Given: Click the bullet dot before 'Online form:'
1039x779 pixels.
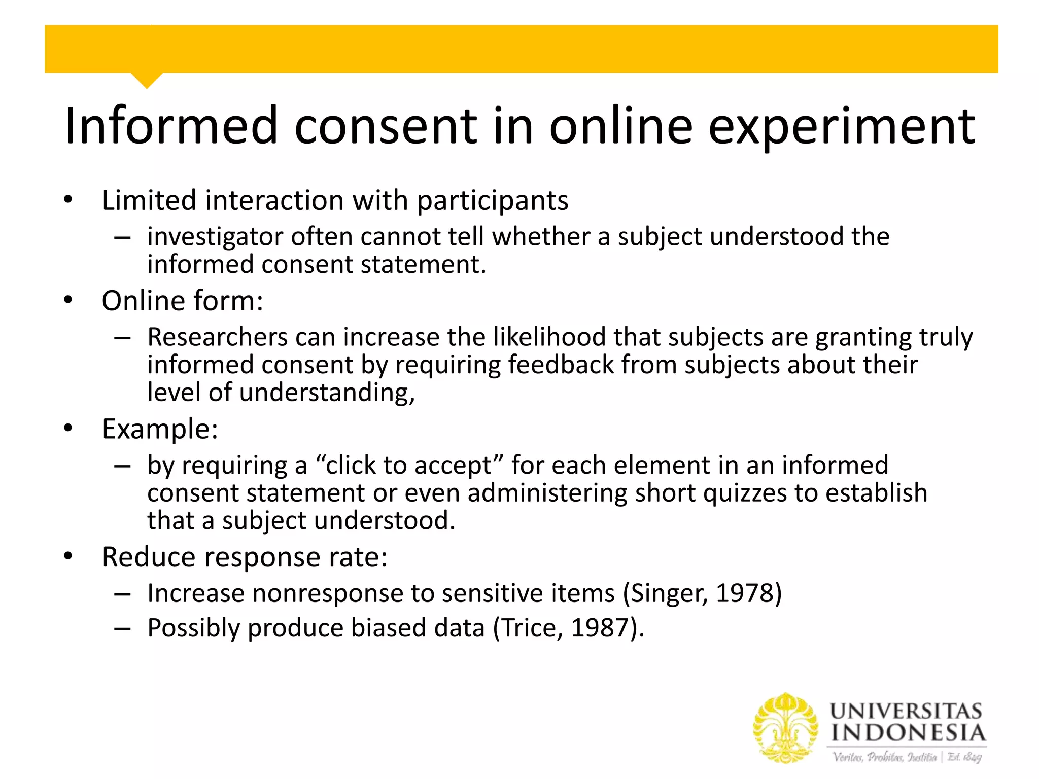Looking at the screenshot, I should [x=68, y=300].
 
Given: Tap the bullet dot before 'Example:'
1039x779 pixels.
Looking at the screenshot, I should [x=68, y=429].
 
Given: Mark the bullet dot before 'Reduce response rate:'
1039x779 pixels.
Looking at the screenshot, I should [x=68, y=557].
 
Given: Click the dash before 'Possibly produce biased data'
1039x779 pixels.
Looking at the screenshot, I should [x=123, y=629].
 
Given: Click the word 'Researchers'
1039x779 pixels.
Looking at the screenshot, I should [x=218, y=337].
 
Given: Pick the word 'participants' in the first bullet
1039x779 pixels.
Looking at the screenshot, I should [x=492, y=201].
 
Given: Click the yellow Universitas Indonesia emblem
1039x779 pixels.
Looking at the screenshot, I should [x=785, y=728].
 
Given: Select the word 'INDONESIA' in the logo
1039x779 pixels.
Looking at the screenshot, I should [x=908, y=733].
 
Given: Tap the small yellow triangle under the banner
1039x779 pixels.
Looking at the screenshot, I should [x=147, y=80].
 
